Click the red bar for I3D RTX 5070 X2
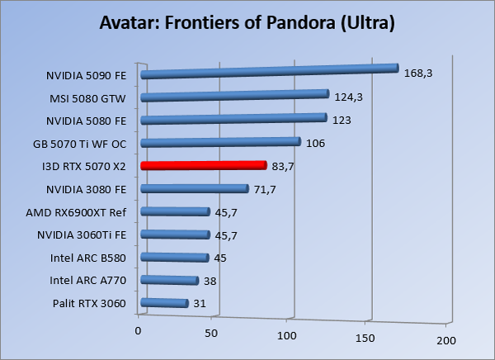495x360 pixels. click(204, 165)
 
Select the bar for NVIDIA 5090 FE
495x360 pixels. click(270, 72)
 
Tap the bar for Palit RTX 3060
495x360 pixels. click(165, 304)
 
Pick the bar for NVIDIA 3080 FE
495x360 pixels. click(195, 189)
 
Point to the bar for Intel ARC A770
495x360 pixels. click(170, 281)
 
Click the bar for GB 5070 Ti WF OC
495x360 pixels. click(220, 143)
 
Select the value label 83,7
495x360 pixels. click(283, 166)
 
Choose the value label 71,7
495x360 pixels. click(265, 189)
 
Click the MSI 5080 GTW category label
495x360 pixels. click(87, 97)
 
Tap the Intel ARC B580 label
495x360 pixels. click(88, 258)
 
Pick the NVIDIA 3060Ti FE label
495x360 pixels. click(82, 235)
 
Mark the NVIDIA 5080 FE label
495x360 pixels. click(86, 121)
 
